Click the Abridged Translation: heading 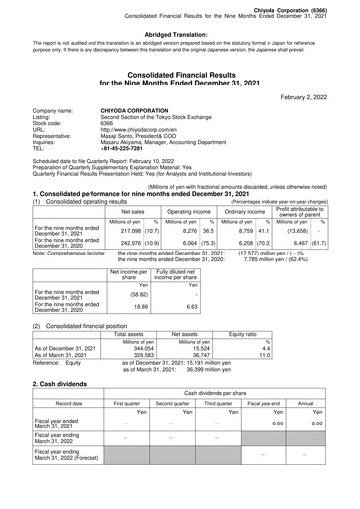(x=180, y=32)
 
